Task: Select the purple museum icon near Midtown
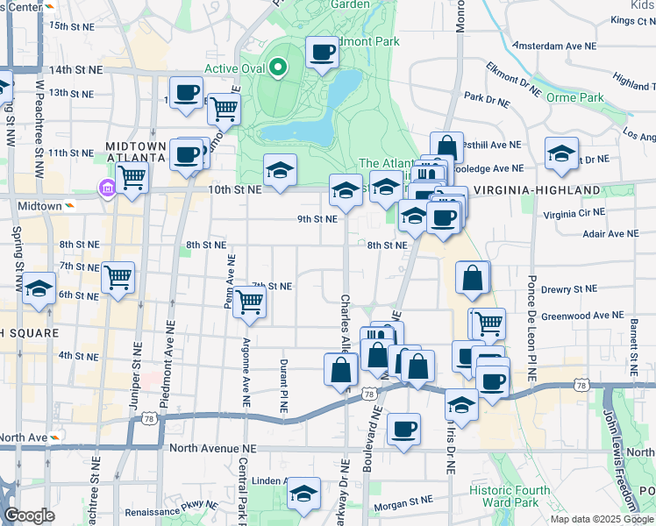pyautogui.click(x=107, y=188)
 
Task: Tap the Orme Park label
pyautogui.click(x=574, y=97)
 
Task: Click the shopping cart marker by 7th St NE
pyautogui.click(x=250, y=302)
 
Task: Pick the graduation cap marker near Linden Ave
pyautogui.click(x=303, y=494)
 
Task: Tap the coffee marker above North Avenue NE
pyautogui.click(x=403, y=430)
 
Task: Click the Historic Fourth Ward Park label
pyautogui.click(x=522, y=496)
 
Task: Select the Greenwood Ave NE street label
pyautogui.click(x=581, y=315)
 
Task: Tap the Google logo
pyautogui.click(x=29, y=515)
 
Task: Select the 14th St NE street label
pyautogui.click(x=76, y=69)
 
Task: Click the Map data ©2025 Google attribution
pyautogui.click(x=601, y=519)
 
